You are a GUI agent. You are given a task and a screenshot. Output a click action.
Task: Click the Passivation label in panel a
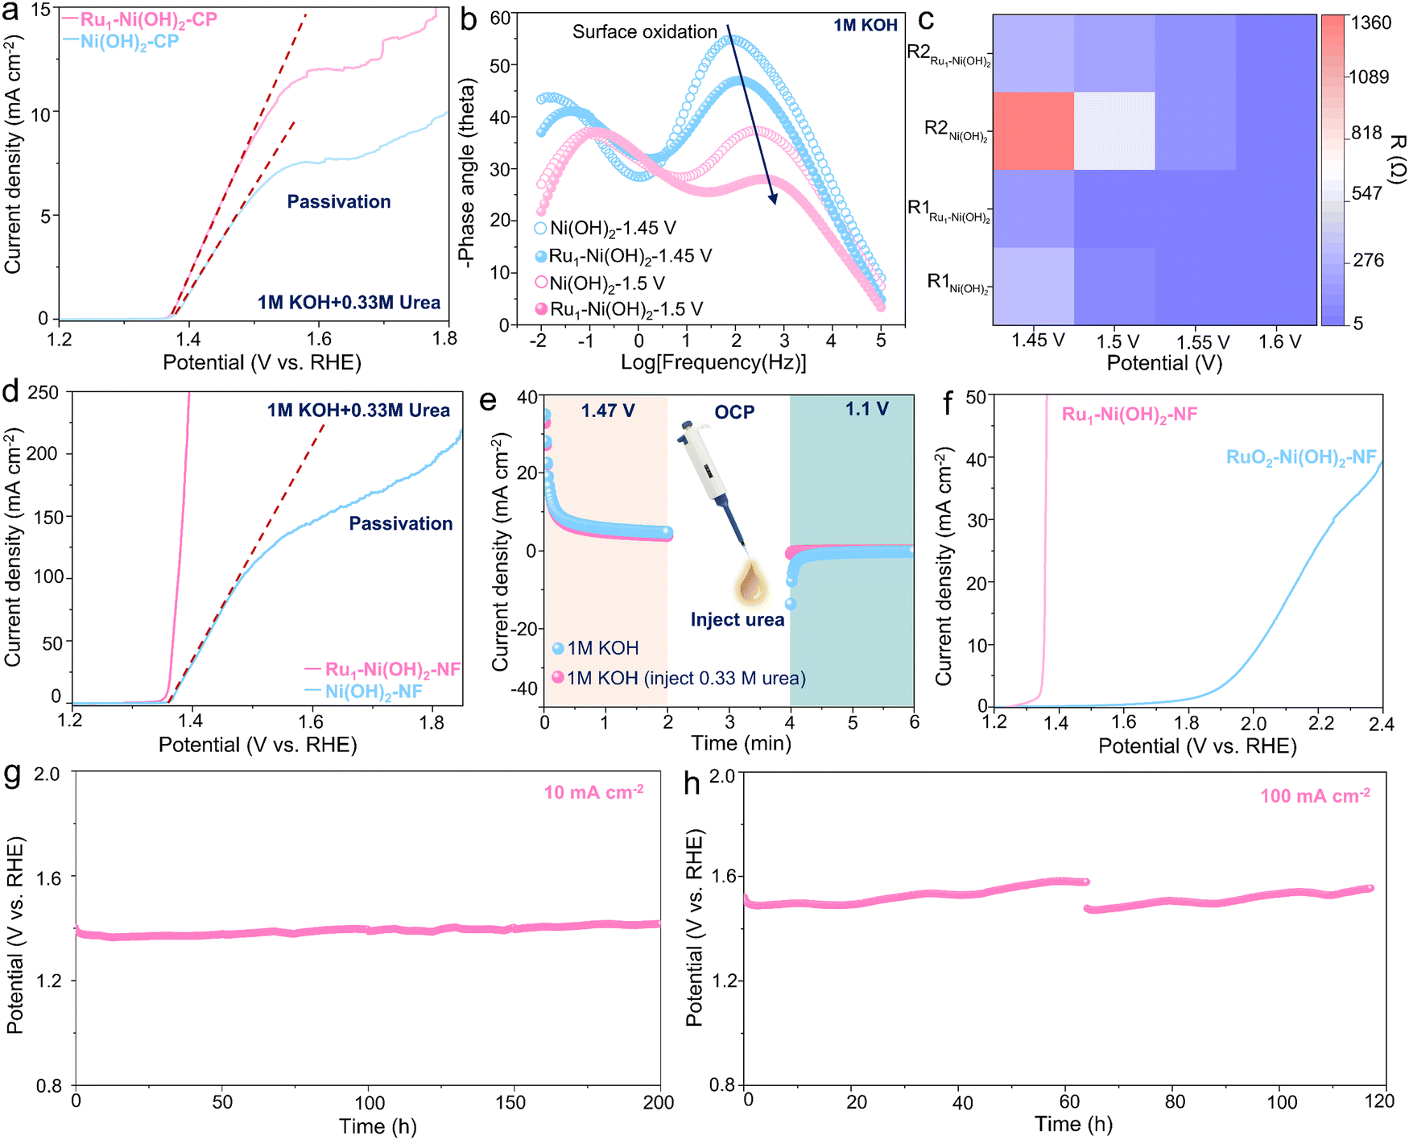point(339,201)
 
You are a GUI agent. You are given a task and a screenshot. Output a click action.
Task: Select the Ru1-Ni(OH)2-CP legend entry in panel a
point(148,19)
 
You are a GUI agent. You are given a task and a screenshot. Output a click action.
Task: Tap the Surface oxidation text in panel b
point(644,32)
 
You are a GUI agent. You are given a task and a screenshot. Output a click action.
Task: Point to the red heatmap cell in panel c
point(1033,130)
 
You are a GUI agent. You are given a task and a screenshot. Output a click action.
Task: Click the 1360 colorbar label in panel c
point(1370,23)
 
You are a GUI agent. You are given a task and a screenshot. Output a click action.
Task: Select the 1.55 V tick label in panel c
point(1203,342)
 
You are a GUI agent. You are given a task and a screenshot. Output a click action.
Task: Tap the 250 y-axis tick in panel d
point(43,393)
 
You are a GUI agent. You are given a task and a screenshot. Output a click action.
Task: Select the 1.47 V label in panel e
point(608,411)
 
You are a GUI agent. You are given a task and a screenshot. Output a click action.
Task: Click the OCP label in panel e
point(734,412)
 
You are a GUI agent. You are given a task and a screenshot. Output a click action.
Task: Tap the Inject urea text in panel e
point(737,620)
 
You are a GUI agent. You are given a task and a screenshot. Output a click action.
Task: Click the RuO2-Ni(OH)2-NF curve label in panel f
point(1300,457)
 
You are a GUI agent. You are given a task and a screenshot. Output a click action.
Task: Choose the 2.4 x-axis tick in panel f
point(1381,724)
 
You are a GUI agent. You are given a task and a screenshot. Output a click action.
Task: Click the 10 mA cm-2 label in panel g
point(593,793)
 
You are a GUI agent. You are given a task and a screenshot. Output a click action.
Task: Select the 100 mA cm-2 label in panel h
point(1315,796)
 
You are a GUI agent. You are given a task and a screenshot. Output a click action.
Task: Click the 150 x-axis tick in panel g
point(510,1103)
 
